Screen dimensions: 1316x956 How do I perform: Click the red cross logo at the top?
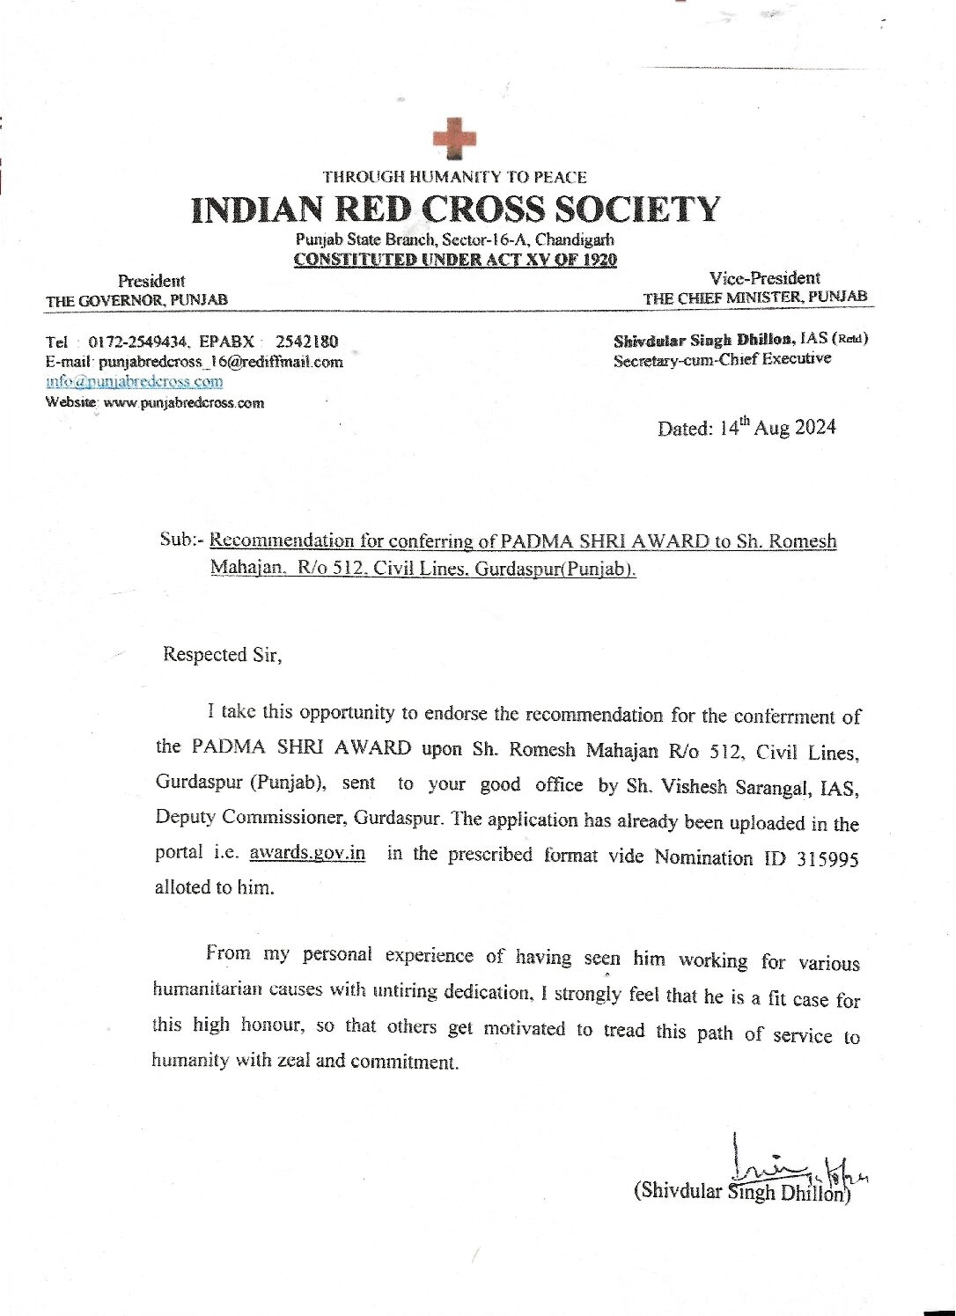tap(454, 139)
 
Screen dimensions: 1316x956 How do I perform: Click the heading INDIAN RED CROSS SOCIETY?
tap(455, 210)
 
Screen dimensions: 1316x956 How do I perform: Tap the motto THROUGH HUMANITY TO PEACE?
tap(454, 177)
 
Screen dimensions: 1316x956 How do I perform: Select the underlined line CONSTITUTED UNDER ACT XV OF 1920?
tap(455, 260)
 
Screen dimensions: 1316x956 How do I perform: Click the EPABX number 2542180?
tap(306, 342)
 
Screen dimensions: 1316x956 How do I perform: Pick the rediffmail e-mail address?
tap(221, 362)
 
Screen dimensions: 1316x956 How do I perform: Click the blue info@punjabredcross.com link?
tap(135, 382)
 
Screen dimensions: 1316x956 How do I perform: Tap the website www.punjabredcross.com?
tap(184, 403)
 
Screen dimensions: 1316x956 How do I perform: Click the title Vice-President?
tap(764, 278)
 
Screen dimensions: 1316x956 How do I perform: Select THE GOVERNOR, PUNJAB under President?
tap(136, 300)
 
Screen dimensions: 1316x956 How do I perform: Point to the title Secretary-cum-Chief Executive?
tap(722, 359)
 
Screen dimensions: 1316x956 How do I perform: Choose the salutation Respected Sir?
tap(222, 655)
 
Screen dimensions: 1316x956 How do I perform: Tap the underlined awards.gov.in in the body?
tap(307, 853)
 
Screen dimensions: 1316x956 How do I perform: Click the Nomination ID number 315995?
tap(827, 859)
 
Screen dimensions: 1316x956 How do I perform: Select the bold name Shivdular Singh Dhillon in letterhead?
tap(704, 340)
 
